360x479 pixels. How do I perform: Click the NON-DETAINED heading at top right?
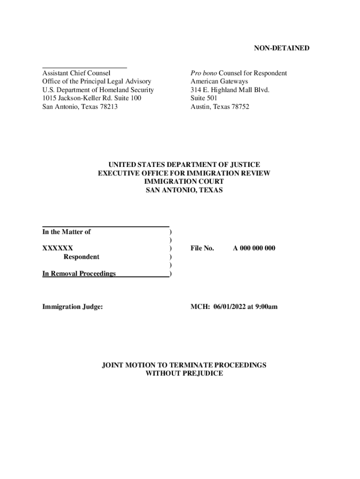coord(281,48)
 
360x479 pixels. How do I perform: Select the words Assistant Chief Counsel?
coord(76,73)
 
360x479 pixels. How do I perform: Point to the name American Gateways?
coord(219,81)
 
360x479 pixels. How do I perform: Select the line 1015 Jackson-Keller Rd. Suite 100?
coord(92,98)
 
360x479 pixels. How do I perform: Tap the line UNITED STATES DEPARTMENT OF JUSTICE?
coord(184,165)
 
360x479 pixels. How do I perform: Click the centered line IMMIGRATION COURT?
coord(184,181)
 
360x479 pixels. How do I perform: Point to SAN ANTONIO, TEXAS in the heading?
coord(184,190)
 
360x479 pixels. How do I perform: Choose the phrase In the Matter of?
coord(66,232)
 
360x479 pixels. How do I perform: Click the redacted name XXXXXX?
coord(58,248)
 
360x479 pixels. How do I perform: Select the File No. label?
coord(202,248)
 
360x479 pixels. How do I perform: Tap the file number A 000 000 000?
coord(254,248)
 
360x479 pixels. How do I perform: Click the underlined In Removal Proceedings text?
coord(79,274)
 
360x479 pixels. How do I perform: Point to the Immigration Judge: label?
coord(72,307)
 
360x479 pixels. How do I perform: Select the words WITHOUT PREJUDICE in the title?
coord(184,373)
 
